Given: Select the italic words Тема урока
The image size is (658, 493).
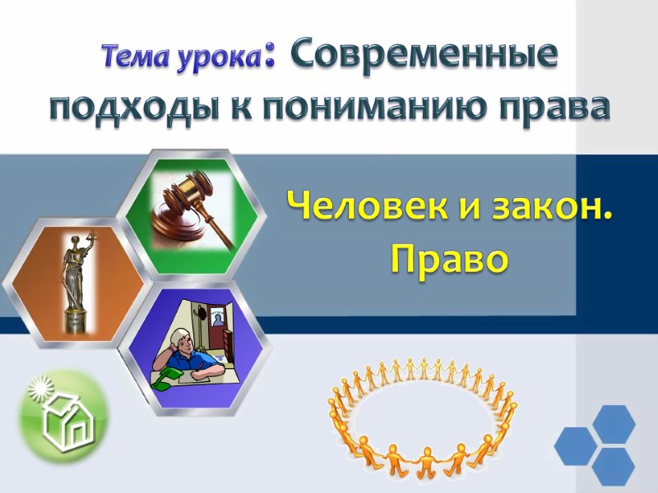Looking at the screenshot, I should click(183, 57).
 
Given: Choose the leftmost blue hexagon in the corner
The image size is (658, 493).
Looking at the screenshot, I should click(575, 446).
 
